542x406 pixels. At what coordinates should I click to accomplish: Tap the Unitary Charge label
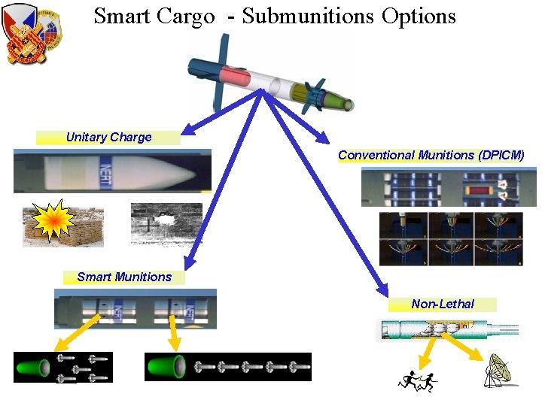point(108,138)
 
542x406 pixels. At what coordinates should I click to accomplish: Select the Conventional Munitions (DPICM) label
point(431,156)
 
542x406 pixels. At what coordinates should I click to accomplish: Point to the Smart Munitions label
point(124,277)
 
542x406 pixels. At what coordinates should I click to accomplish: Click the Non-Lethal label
point(443,304)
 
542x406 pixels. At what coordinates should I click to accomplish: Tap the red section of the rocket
point(236,77)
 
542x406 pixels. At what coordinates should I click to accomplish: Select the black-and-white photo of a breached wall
point(166,223)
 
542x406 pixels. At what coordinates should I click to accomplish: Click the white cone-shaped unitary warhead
point(143,171)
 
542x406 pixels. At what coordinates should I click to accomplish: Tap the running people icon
point(417,382)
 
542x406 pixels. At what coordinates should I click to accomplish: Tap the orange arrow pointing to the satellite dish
point(471,353)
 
